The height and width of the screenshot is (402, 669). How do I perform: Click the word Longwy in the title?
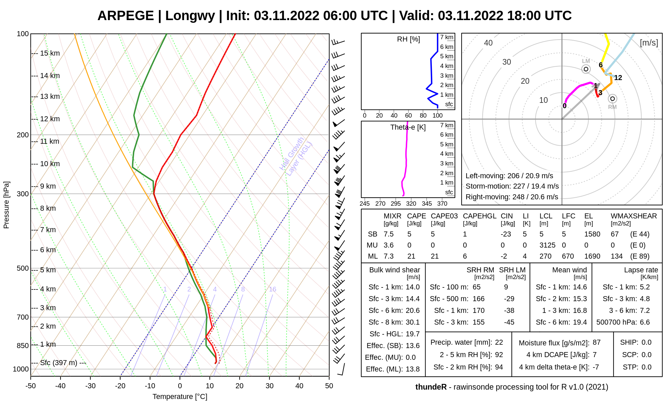coord(190,16)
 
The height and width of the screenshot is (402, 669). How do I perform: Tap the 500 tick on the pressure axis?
coord(23,268)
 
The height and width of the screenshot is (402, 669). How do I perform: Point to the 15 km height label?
coord(50,53)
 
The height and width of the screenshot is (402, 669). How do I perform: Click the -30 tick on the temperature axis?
coord(90,386)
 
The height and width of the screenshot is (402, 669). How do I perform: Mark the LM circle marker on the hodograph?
coord(586,69)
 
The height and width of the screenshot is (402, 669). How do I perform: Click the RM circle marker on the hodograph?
coord(612,98)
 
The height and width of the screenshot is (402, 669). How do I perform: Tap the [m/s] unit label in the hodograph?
coord(649,43)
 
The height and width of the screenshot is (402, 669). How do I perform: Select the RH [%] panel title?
coord(408,39)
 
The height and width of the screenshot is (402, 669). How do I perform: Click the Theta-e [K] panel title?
coord(408,127)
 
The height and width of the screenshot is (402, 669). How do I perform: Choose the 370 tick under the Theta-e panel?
coord(442,203)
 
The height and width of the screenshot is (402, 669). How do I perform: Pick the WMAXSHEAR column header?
coord(634,216)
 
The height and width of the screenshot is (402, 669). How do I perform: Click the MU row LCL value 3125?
coord(547,245)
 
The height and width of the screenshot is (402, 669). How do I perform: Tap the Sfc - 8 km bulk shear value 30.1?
coord(412,322)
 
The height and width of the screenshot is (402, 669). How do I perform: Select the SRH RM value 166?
coord(478,299)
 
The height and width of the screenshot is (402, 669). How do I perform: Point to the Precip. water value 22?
coord(499,342)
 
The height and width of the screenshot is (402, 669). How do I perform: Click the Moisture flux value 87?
coord(596,343)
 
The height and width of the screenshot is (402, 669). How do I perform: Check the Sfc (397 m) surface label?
coord(63,363)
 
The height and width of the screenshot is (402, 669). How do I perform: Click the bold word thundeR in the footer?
coord(431,387)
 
